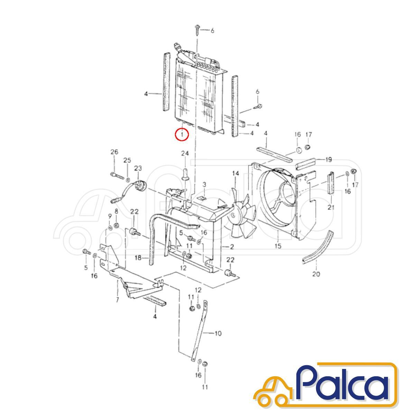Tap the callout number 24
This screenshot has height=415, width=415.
tap(185, 154)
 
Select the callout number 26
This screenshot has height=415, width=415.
tap(114, 152)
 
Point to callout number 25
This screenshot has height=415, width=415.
tap(127, 160)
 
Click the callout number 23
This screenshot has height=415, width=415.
tap(138, 168)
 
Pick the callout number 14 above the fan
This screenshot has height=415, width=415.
tap(236, 174)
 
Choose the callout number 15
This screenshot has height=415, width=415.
tap(278, 246)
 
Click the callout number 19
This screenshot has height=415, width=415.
tap(329, 159)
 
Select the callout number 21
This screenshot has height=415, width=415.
tap(331, 207)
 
